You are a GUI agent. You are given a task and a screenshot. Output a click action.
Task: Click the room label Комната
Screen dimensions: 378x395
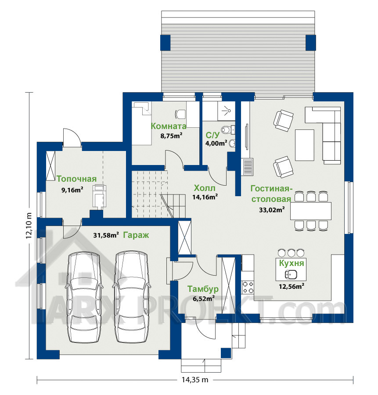[169, 126]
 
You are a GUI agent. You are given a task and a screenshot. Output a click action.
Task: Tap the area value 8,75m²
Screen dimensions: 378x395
[171, 136]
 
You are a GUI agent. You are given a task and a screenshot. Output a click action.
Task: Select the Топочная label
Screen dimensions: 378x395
[76, 179]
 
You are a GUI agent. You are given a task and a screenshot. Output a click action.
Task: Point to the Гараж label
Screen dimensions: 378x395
[136, 235]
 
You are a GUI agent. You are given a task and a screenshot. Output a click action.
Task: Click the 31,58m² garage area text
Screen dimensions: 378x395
[106, 235]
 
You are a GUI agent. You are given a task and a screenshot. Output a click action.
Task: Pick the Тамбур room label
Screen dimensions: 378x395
[203, 289]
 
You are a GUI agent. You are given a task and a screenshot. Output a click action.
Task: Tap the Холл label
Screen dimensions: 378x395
[205, 188]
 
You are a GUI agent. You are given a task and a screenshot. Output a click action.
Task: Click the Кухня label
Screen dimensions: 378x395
[292, 263]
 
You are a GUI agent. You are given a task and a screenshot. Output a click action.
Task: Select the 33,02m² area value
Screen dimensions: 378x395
[272, 210]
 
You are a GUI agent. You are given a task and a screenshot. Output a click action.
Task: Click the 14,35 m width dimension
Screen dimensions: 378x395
[195, 380]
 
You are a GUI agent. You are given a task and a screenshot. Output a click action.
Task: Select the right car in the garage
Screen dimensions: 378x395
[132, 297]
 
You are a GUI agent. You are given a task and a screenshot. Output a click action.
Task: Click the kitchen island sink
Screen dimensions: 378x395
[291, 274]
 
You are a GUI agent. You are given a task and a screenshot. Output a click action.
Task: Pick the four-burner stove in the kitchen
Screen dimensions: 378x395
[248, 287]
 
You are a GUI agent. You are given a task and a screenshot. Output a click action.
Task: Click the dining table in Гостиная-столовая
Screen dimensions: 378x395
[311, 211]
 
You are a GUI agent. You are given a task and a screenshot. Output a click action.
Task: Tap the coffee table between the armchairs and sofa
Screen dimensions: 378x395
[305, 145]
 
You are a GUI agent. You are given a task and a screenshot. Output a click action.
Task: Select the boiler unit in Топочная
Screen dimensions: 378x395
[99, 197]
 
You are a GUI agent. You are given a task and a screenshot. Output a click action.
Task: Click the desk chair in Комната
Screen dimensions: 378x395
[180, 114]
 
